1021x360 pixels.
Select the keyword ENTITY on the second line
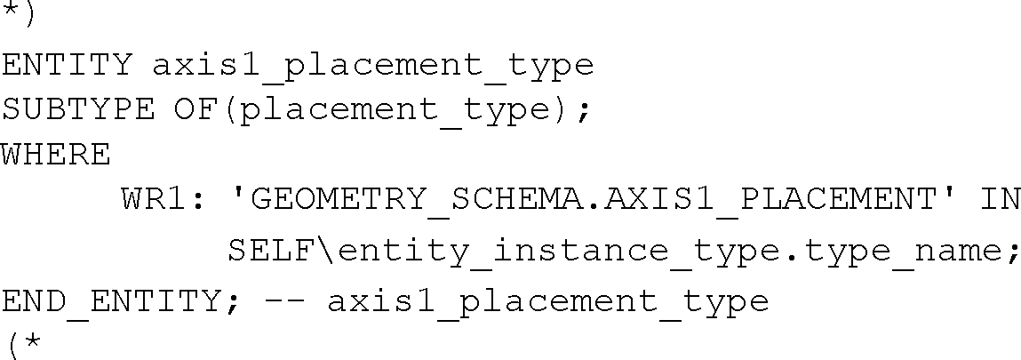click(x=67, y=65)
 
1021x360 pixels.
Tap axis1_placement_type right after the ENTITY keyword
click(x=373, y=65)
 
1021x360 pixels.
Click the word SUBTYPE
click(x=77, y=111)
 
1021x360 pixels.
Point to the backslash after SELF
click(x=327, y=252)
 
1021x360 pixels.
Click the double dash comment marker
click(x=284, y=300)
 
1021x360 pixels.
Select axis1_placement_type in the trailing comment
click(x=547, y=301)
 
